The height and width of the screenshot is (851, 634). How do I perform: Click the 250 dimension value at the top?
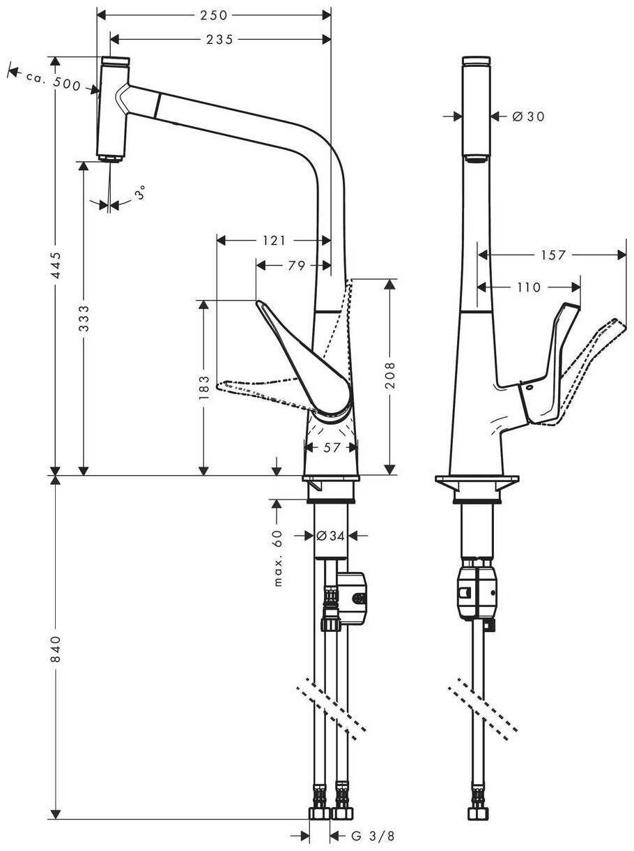(214, 15)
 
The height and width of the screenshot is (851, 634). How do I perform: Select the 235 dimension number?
(219, 40)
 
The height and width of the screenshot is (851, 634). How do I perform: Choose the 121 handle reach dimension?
(274, 241)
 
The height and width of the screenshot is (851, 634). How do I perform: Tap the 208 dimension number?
(389, 375)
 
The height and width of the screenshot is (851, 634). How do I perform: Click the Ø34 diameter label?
(331, 536)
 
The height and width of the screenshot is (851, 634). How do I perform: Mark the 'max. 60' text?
(277, 557)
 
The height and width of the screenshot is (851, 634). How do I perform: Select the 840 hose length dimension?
(56, 649)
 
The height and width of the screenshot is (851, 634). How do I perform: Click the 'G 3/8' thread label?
(372, 836)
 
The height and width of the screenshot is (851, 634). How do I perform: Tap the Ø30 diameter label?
(527, 116)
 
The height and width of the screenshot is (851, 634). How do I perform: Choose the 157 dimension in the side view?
(553, 255)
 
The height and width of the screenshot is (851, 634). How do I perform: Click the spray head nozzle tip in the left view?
(109, 160)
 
